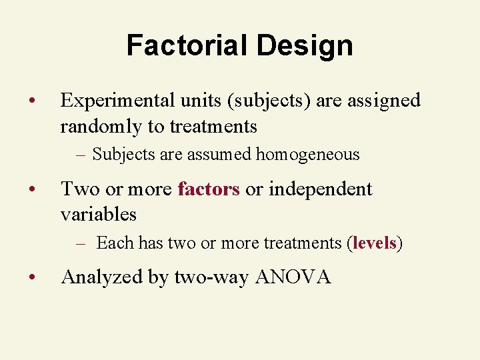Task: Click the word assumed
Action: click(x=222, y=155)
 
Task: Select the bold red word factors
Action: click(x=209, y=189)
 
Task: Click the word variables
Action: click(x=98, y=214)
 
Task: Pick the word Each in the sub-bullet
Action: click(x=115, y=243)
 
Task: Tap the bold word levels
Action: click(x=375, y=243)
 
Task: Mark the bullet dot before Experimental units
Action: click(x=32, y=101)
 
